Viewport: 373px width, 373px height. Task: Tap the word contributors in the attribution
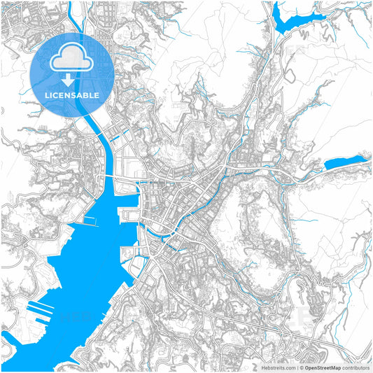point(356,366)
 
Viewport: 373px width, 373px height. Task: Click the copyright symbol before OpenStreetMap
point(301,366)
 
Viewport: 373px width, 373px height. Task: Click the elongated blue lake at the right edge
point(345,163)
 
